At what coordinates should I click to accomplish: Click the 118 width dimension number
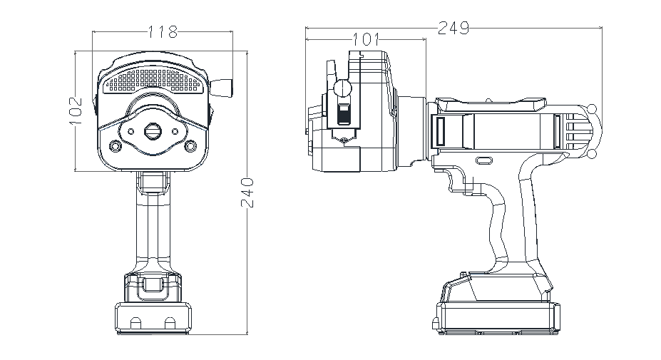[162, 31]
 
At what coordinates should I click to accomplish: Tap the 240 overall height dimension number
[247, 192]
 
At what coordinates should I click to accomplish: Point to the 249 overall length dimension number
[453, 28]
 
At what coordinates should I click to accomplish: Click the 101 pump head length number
[365, 39]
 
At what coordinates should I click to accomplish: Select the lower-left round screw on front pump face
[114, 145]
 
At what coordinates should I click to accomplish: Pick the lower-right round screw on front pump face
[190, 145]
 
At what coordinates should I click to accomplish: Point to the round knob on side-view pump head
[343, 88]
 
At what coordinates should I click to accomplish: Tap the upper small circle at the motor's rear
[591, 109]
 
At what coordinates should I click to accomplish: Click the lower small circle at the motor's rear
[591, 153]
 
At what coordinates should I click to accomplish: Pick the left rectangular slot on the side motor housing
[439, 132]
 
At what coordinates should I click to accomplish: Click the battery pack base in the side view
[498, 317]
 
